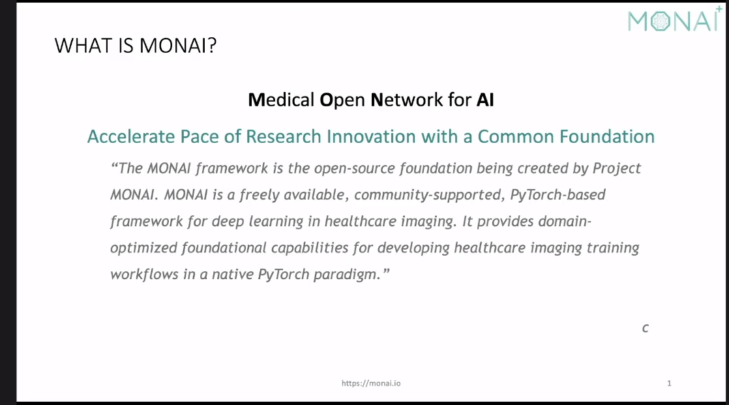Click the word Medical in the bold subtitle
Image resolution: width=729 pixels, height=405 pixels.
tap(281, 100)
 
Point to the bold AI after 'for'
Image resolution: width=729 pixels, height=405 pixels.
tap(485, 100)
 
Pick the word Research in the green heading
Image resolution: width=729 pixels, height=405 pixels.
tap(284, 137)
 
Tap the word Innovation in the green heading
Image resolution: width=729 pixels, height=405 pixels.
tap(371, 137)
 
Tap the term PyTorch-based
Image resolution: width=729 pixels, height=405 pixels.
tap(558, 195)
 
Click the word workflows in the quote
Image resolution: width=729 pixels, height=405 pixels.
tap(144, 275)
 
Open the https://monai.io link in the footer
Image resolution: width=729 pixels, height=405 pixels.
tap(371, 383)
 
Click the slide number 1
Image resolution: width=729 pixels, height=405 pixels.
tap(669, 383)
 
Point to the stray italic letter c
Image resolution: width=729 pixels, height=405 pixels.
tap(646, 328)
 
